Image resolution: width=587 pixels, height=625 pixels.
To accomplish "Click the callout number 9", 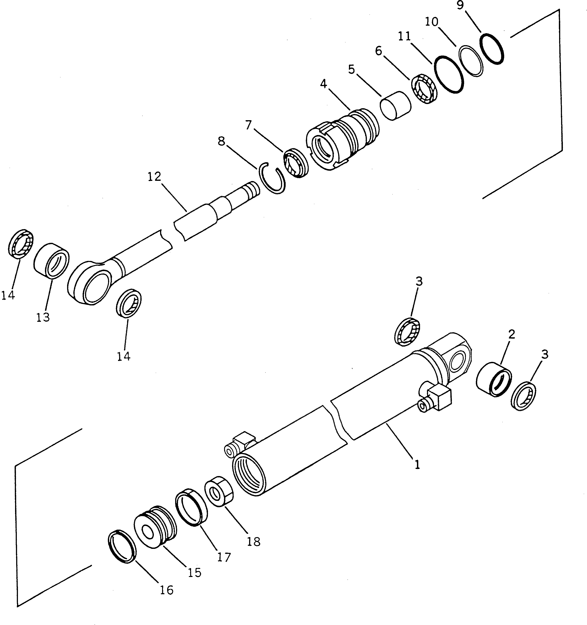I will coord(460,6).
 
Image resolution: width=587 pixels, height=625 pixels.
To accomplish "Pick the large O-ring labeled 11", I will coord(449,74).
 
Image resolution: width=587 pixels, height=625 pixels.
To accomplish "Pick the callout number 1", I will coord(417,464).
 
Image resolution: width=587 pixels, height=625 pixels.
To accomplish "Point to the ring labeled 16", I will coord(122,547).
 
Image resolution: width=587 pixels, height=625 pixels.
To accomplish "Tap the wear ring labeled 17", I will coord(191,507).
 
